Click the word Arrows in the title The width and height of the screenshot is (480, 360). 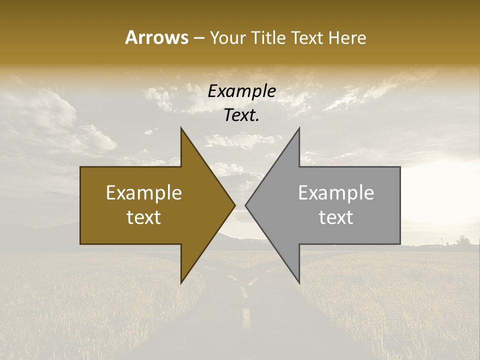point(157,37)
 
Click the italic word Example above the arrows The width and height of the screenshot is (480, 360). point(242,91)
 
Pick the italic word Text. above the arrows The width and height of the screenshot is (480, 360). point(242,115)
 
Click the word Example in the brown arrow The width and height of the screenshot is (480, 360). point(144,192)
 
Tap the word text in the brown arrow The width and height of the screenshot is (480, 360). point(144,217)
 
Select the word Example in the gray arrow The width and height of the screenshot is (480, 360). point(336,192)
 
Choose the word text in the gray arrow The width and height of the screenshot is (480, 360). point(336,217)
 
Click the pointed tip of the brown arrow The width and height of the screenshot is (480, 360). point(234,205)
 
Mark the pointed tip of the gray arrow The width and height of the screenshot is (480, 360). point(246,205)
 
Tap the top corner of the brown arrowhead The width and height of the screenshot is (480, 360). point(181,128)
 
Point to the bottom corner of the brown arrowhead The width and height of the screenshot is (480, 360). point(181,282)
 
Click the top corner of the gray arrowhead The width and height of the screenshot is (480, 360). point(299,128)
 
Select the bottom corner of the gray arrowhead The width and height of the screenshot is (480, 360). point(299,282)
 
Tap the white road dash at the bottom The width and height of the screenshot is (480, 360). point(246,318)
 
